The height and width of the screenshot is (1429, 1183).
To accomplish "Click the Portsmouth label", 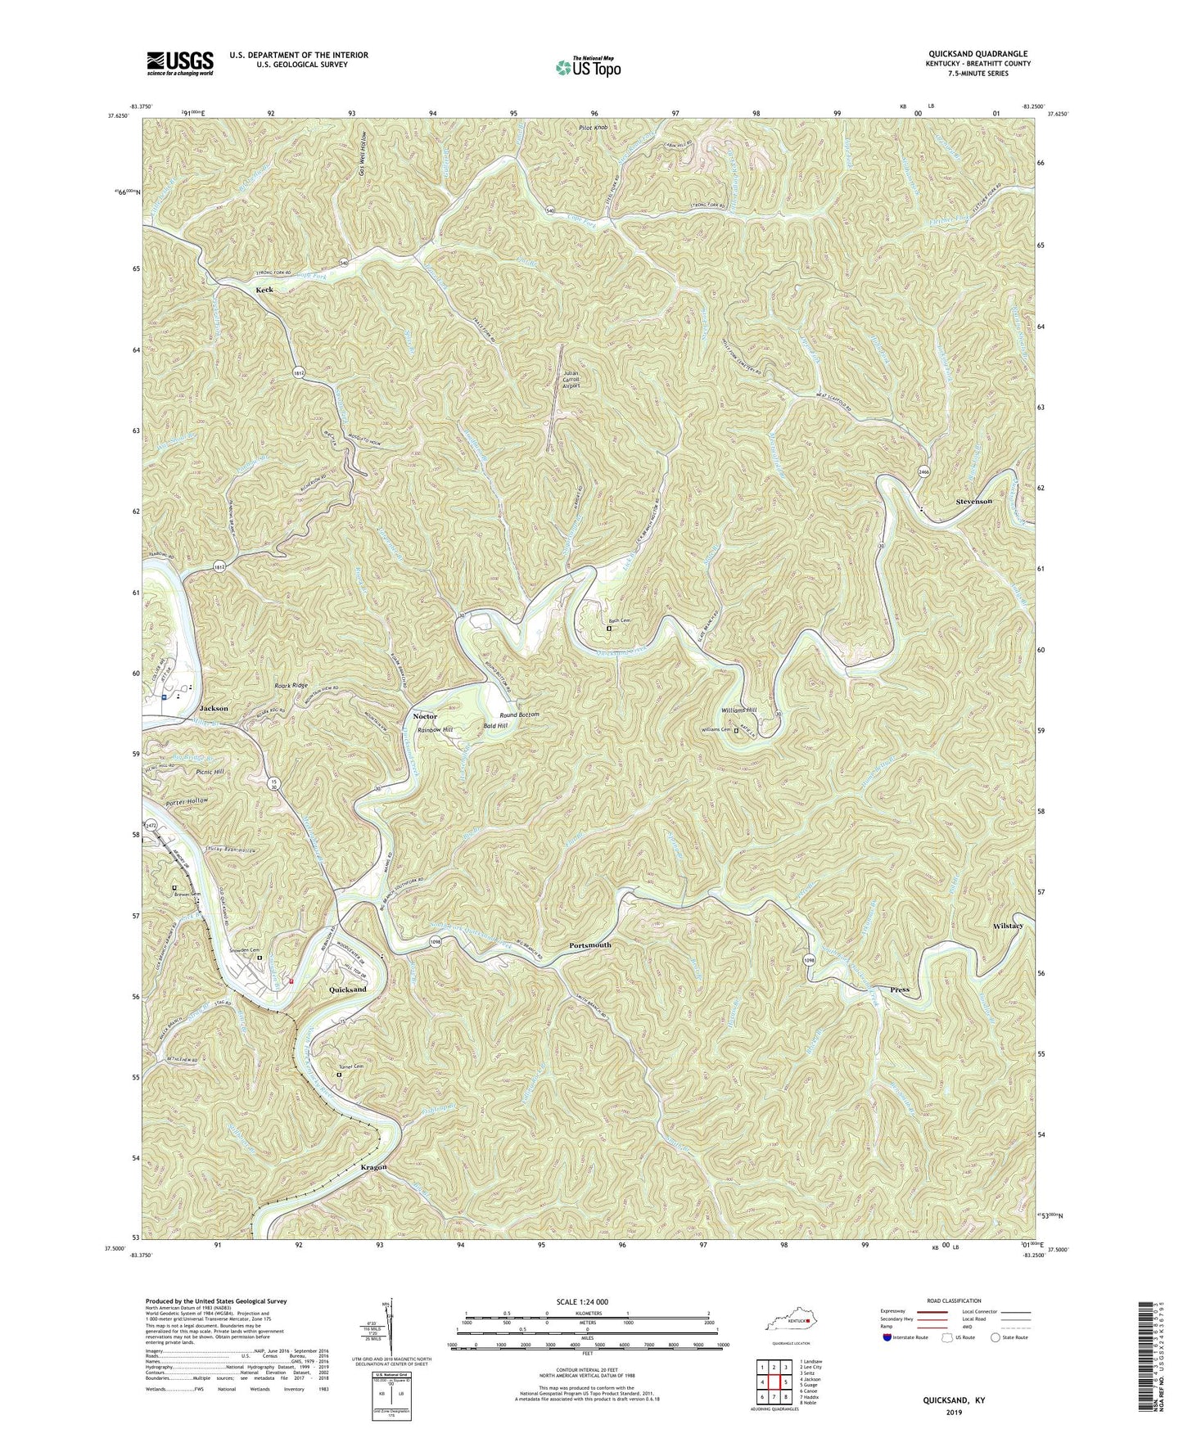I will pyautogui.click(x=589, y=944).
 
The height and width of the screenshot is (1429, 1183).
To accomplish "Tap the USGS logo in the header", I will pyautogui.click(x=180, y=63).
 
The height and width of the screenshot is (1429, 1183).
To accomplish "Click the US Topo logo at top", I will pyautogui.click(x=586, y=66).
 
